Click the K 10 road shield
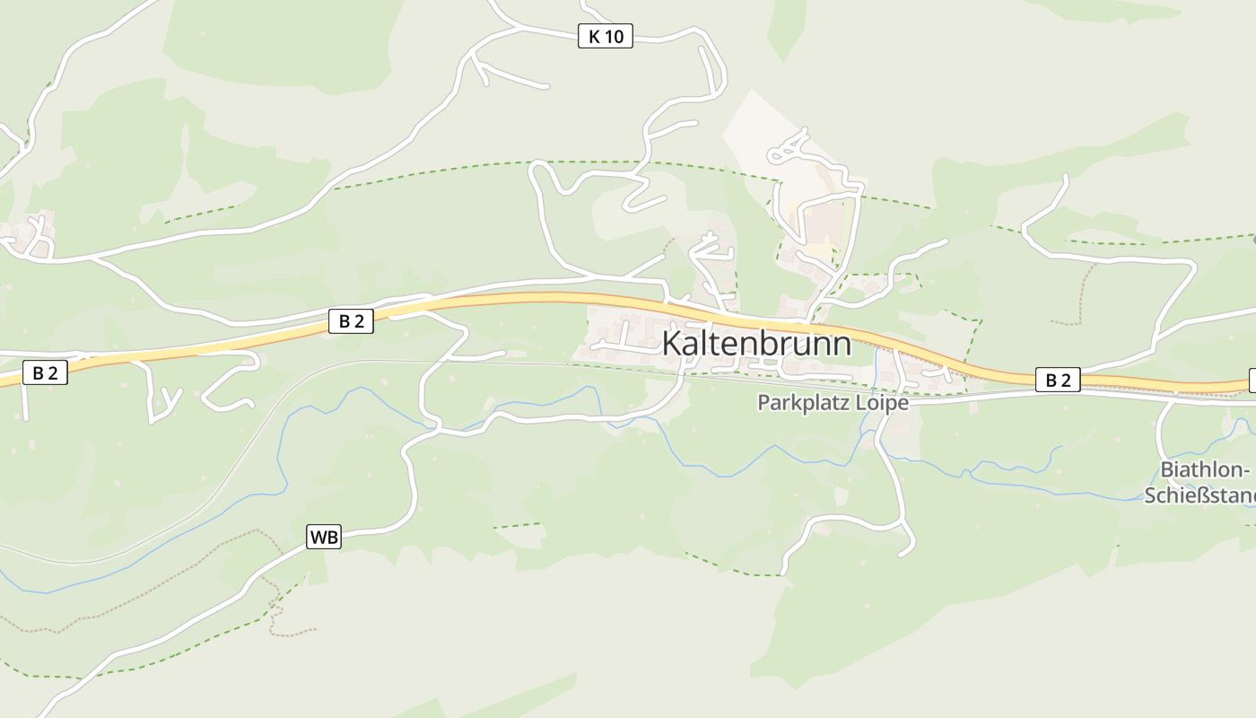coord(606,36)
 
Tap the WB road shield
coord(324,537)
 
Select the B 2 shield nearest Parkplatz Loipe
coord(1059,380)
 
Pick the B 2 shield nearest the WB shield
coord(351,321)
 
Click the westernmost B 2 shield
coord(45,373)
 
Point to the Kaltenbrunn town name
coord(756,344)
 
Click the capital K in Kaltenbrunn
coord(673,344)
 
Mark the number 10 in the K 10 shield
coord(615,36)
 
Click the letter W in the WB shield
coord(318,537)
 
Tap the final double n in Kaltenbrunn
coord(830,346)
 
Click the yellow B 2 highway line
coord(538,299)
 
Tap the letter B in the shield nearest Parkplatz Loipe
coord(1051,380)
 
